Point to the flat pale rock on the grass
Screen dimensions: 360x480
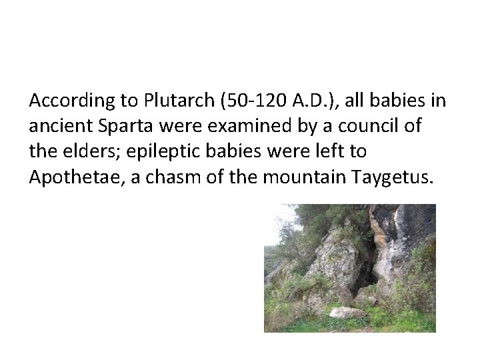(347, 312)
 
